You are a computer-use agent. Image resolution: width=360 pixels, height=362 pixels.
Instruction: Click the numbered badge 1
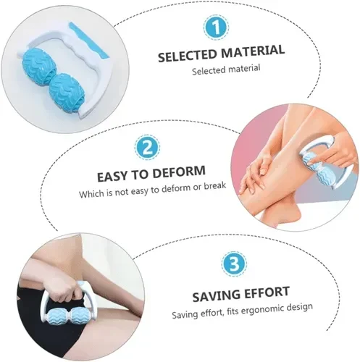[x=216, y=27]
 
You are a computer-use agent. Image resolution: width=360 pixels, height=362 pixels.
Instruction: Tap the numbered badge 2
[x=147, y=148]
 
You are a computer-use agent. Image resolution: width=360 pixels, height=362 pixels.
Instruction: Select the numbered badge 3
[x=234, y=264]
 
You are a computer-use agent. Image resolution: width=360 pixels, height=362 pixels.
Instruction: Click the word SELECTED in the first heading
[x=188, y=55]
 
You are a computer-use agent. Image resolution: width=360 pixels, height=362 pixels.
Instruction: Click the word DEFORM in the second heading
[x=179, y=172]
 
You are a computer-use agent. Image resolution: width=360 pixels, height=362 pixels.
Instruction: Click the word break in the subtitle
[x=215, y=186]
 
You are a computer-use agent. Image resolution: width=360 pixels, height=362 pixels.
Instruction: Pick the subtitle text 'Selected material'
[x=226, y=70]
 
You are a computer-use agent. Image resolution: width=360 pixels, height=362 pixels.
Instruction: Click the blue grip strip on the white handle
[x=88, y=41]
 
